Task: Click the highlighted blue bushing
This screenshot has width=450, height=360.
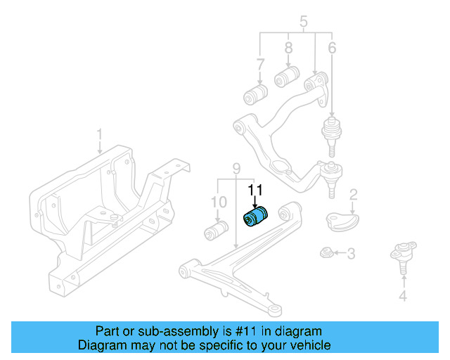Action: tap(256, 217)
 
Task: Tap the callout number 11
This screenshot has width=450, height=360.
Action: tap(255, 190)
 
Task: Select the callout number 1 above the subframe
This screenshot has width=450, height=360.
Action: tap(99, 134)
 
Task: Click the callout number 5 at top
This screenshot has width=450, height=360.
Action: tap(303, 22)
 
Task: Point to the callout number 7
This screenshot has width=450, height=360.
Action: tap(260, 65)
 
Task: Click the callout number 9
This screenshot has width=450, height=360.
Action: tap(237, 169)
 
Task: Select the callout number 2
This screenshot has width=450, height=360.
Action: tap(354, 194)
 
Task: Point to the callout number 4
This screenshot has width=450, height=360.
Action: tap(402, 296)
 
